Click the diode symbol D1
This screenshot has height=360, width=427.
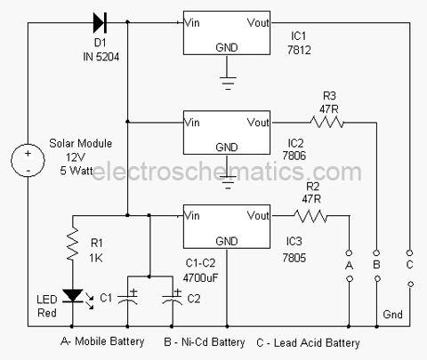coord(100,22)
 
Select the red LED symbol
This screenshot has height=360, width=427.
coord(73,296)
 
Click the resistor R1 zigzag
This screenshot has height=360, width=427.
coord(73,244)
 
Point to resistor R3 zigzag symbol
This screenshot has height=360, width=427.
coord(326,122)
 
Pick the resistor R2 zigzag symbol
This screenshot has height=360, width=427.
coord(310,216)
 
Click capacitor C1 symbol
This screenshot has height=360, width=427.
coord(128,297)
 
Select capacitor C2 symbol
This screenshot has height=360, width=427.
coord(172,297)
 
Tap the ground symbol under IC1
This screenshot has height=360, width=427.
coord(228,82)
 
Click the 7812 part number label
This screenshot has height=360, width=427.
coord(299,50)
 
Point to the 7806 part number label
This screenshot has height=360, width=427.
coord(294,156)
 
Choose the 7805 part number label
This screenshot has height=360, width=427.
coord(294,258)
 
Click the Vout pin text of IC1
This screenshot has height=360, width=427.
coord(258,22)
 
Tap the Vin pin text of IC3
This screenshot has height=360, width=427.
coord(191,215)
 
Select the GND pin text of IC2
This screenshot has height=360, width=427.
coord(227,148)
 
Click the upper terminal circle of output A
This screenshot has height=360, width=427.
coord(349,252)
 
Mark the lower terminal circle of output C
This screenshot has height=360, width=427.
coord(411,284)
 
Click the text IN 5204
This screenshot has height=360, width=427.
coord(101,57)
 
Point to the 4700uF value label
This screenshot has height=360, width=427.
coord(200,278)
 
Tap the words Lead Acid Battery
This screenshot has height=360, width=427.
coord(317,343)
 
